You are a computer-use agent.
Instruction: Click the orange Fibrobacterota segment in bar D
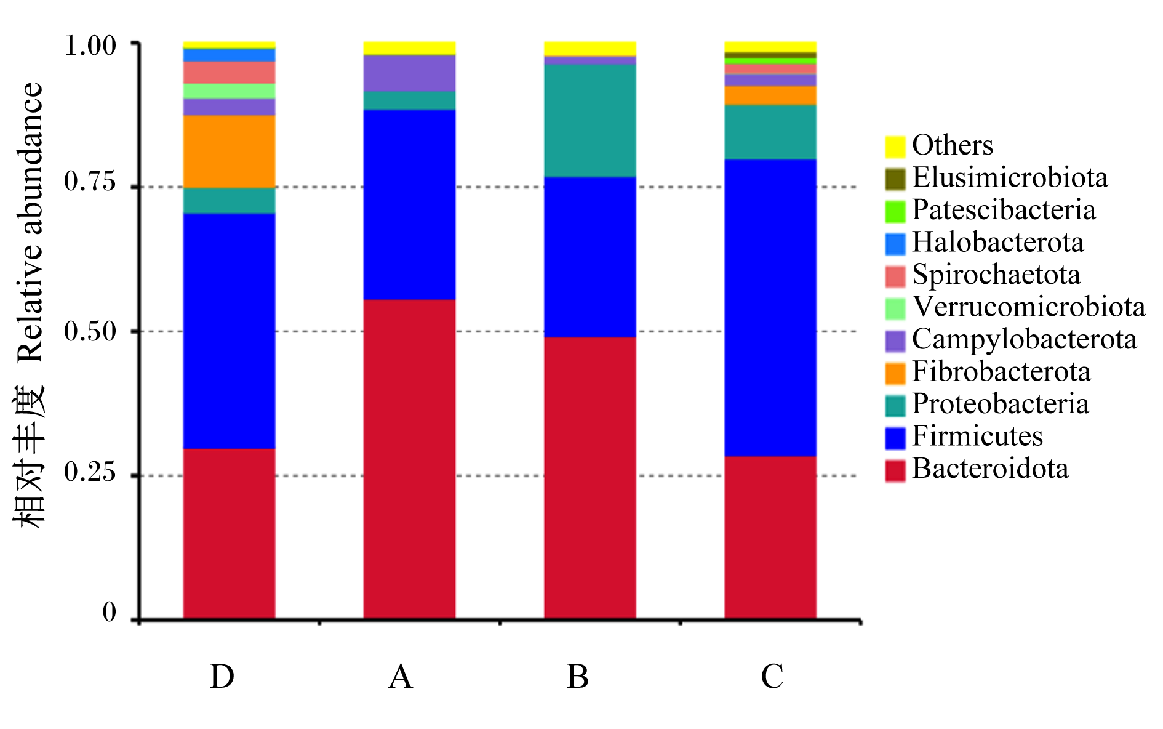[x=229, y=151]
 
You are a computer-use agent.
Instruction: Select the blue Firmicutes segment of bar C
[x=770, y=308]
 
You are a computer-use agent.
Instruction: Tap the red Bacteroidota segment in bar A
[x=409, y=459]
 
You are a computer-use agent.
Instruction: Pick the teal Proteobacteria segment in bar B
[x=590, y=121]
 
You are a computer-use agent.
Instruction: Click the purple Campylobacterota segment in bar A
[x=409, y=73]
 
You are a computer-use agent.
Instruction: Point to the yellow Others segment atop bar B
[x=590, y=49]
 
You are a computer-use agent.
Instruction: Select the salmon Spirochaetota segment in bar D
[x=229, y=73]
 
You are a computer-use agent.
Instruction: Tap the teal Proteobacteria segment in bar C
[x=770, y=132]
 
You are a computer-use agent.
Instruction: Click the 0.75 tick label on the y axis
[x=90, y=182]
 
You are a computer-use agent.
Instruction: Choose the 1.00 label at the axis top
[x=90, y=46]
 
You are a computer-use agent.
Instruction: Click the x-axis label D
[x=222, y=677]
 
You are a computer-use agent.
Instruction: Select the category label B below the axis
[x=578, y=677]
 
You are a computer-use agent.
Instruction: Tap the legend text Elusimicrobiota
[x=1010, y=177]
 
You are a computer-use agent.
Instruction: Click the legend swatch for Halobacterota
[x=895, y=244]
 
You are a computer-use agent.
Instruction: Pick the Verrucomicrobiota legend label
[x=1029, y=307]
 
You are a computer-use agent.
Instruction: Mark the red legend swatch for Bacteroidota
[x=895, y=471]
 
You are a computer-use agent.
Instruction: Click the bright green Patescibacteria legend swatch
[x=895, y=212]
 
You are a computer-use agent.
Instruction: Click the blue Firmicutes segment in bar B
[x=590, y=257]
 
